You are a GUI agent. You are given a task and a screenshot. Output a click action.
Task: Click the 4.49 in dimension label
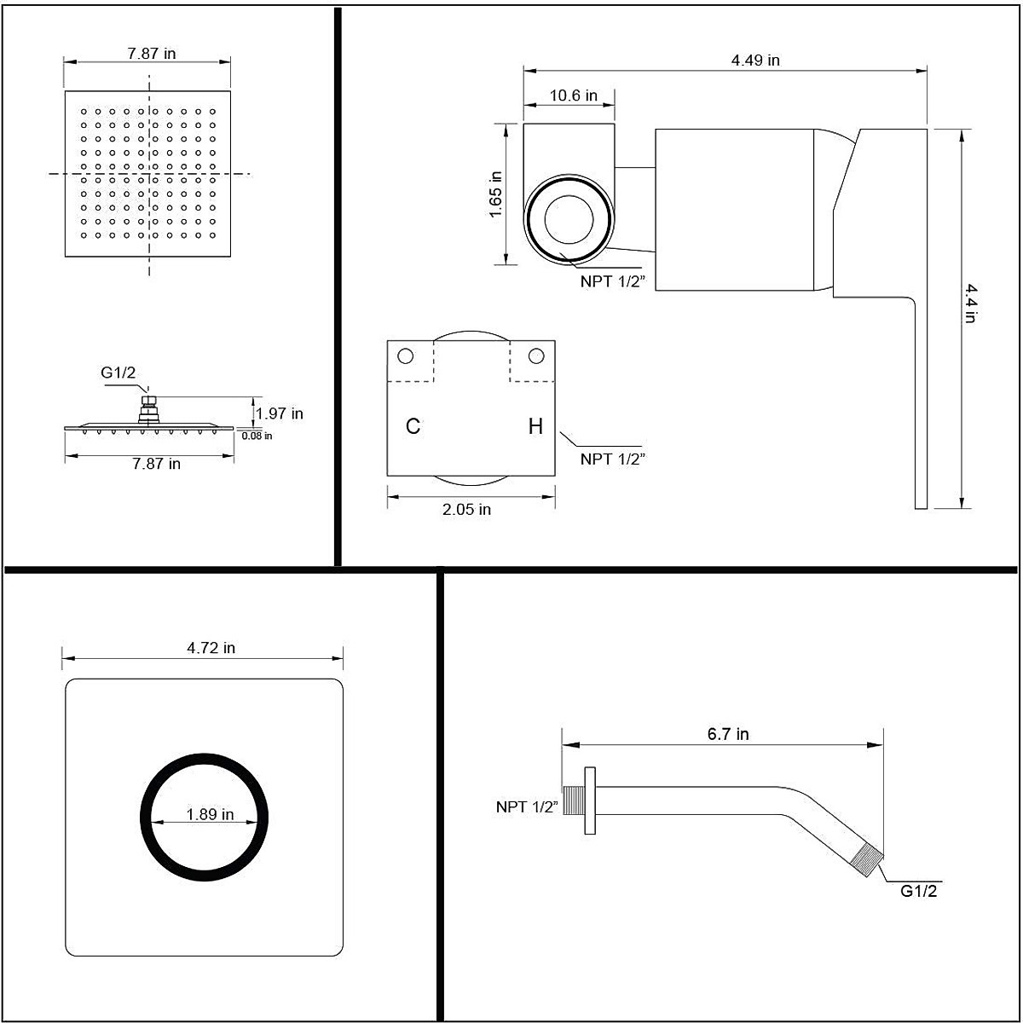[754, 61]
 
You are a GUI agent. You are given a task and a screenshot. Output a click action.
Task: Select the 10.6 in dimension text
[573, 95]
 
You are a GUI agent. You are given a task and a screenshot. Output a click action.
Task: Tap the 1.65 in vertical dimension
[496, 194]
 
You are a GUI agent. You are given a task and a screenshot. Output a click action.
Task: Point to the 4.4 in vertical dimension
[970, 304]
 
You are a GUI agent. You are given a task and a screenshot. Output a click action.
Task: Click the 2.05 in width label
[466, 510]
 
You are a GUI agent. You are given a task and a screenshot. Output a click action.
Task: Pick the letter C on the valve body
[413, 426]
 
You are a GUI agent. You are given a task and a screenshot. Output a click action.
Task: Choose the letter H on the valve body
[535, 426]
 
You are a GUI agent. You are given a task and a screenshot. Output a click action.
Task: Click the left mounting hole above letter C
[406, 355]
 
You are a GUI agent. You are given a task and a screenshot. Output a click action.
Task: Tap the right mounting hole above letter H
[535, 355]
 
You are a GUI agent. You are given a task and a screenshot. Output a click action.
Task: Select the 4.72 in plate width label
[211, 648]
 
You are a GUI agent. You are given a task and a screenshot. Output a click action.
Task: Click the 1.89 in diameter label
[210, 814]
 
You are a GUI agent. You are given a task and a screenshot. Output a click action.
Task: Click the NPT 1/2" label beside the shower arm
[525, 806]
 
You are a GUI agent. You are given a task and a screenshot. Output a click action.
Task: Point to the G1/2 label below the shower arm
[919, 891]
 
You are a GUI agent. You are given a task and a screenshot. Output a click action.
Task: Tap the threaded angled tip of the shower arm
[868, 858]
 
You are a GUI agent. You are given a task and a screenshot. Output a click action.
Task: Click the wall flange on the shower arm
[588, 800]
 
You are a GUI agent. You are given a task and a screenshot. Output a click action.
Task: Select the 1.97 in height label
[280, 413]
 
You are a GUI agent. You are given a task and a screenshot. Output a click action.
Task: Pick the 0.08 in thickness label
[257, 436]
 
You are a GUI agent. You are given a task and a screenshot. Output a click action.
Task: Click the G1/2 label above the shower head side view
[118, 373]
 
